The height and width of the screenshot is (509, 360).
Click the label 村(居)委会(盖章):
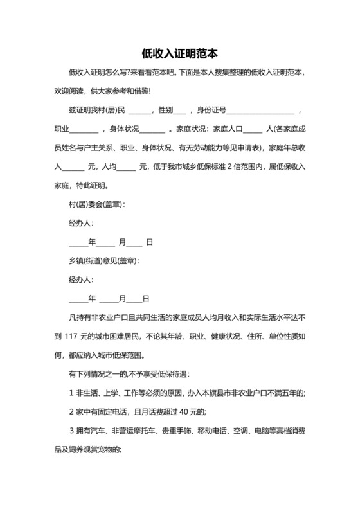96,204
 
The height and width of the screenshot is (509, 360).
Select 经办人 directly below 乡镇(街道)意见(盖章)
81,280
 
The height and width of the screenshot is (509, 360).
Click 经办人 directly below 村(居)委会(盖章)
81,224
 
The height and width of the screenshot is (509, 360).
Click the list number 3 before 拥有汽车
71,431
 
